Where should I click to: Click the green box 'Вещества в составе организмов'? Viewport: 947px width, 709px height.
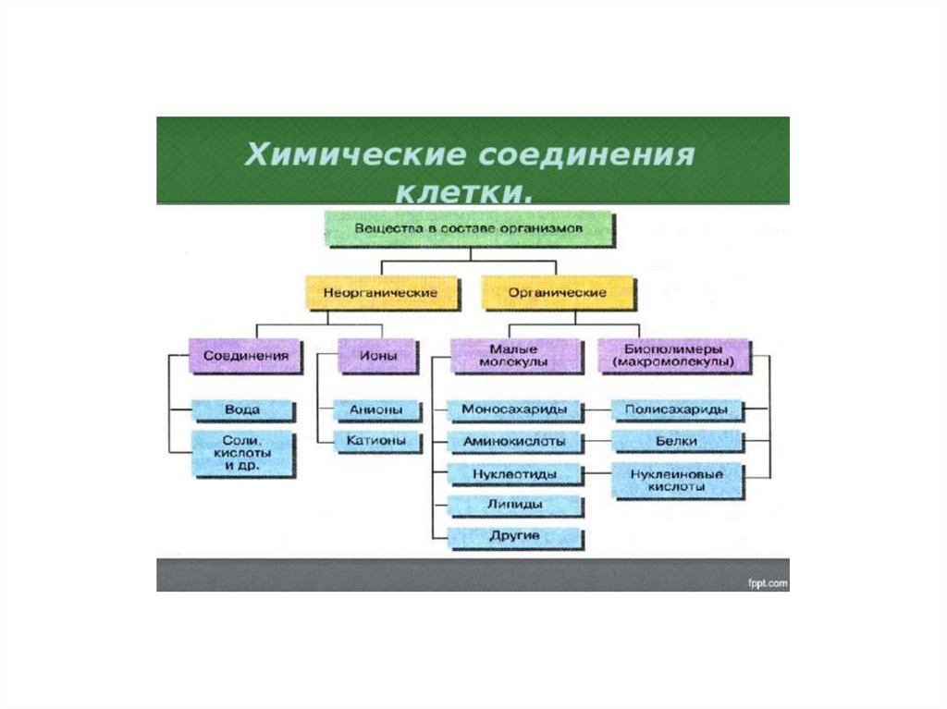[469, 227]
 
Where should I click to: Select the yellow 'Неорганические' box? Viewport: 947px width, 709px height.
[379, 292]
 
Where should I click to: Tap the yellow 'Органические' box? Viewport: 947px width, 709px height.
[558, 292]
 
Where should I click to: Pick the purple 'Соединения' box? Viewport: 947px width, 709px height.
[245, 355]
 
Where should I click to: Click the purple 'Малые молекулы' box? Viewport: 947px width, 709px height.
[515, 356]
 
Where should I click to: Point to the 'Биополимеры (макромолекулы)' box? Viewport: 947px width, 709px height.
[673, 356]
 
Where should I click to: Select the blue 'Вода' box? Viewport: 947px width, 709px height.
[242, 409]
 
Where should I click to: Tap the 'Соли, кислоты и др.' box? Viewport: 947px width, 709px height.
[242, 454]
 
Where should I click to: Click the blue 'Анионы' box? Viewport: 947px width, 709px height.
[375, 409]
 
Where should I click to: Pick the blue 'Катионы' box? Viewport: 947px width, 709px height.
[375, 441]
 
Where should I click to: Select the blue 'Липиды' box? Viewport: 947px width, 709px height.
[514, 505]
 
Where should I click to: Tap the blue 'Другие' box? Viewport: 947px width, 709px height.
[514, 536]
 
